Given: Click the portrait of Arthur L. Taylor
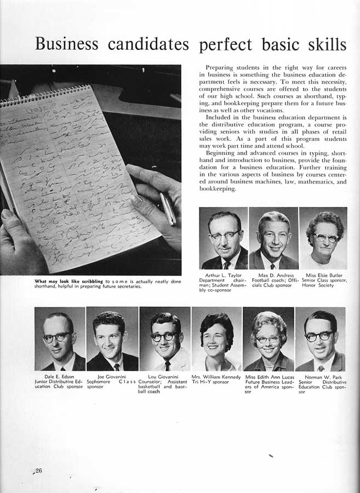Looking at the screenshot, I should pos(224,238).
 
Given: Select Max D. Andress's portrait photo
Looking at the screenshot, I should pos(273,238).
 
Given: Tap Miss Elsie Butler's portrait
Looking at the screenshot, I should pos(323,238).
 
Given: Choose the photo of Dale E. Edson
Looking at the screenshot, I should pos(60,339).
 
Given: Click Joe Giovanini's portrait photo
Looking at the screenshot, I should pos(112,339).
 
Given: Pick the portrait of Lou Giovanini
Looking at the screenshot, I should pos(165,339).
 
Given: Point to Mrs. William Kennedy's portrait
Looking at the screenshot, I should pos(216,339).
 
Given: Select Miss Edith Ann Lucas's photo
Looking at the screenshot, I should pos(268,339).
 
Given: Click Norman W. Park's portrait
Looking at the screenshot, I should pos(321,339).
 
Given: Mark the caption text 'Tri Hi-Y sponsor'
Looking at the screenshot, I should pos(210,382).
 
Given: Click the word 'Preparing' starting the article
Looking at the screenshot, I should pos(221,67).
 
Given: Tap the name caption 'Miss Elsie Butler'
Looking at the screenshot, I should pos(323,276).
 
